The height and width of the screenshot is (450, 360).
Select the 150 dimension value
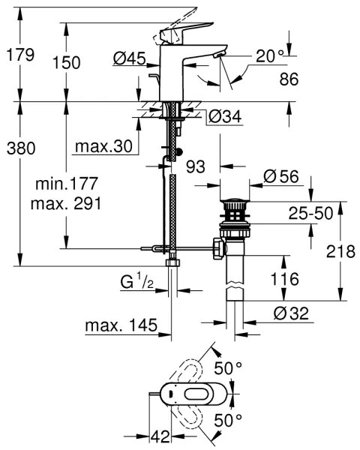pos(67,63)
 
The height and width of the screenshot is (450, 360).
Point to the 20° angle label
pos(269,55)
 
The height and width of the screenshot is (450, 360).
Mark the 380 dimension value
pos(19,148)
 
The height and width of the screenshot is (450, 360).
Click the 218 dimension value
pos(341,252)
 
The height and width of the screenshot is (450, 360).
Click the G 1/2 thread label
pos(136,283)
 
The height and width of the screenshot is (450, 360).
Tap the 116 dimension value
pos(284,278)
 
